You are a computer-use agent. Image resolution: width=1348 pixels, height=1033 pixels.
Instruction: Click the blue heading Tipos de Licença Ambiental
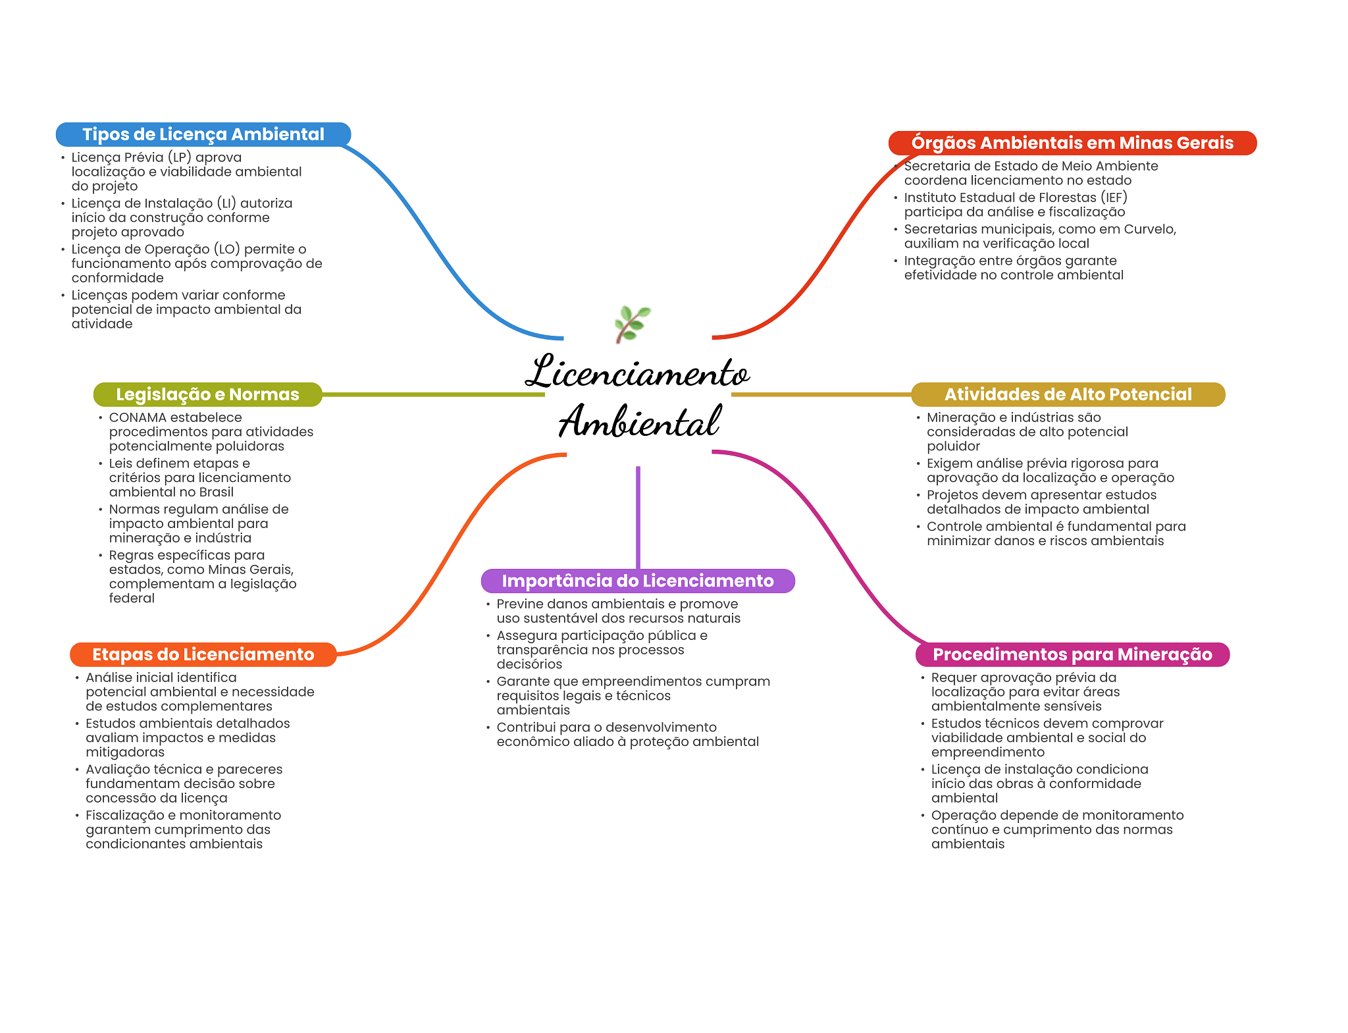[x=203, y=134]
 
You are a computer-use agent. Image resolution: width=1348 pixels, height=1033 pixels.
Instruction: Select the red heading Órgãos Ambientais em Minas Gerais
[x=1072, y=143]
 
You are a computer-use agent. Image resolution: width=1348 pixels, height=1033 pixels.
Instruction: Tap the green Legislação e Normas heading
[x=207, y=394]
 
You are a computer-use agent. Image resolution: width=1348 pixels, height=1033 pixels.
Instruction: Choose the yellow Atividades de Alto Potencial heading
[x=1068, y=394]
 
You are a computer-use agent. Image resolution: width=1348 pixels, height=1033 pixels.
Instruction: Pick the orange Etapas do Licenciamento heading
[x=203, y=654]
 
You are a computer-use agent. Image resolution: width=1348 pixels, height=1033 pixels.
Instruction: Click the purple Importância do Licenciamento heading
[x=637, y=581]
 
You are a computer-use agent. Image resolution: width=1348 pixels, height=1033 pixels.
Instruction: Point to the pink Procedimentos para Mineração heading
[x=1072, y=654]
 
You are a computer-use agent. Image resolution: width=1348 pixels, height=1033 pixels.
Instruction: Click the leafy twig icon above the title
[x=632, y=324]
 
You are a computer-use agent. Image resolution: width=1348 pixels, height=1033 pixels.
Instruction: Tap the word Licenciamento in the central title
[x=637, y=373]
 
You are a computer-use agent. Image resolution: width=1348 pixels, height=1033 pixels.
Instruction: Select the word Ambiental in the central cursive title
[x=640, y=421]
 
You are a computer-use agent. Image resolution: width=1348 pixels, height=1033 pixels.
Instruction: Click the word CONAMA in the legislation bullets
[x=138, y=417]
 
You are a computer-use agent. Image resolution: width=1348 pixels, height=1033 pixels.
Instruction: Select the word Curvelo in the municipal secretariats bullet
[x=1149, y=229]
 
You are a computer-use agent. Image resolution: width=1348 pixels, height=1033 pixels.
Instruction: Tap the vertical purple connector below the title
[x=638, y=517]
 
